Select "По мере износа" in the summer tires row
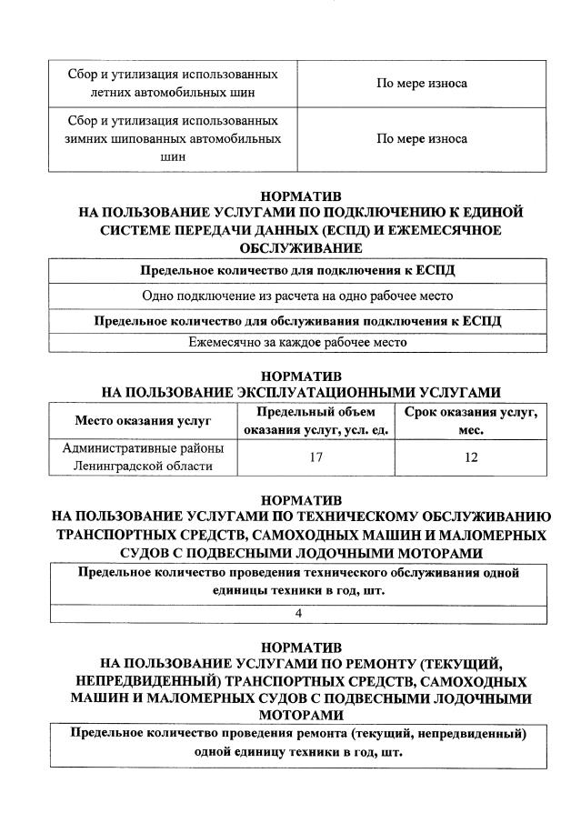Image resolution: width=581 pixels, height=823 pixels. coord(422,84)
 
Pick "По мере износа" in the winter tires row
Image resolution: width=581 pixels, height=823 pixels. coord(422,139)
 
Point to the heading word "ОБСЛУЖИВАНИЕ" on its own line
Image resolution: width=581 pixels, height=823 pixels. coord(301,247)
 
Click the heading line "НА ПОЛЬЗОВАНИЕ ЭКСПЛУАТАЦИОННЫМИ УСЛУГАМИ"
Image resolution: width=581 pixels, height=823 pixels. coord(301,392)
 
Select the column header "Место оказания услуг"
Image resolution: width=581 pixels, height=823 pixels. coord(143,421)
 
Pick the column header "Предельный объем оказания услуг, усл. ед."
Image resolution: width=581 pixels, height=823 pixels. coord(316,421)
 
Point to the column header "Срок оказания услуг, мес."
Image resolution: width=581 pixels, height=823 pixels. coord(471,421)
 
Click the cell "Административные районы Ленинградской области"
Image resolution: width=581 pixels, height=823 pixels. coord(143,457)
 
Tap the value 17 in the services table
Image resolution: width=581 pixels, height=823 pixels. coord(316,457)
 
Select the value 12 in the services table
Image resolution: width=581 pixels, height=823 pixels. coord(471,457)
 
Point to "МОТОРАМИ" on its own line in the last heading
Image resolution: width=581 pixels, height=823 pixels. coord(301,716)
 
